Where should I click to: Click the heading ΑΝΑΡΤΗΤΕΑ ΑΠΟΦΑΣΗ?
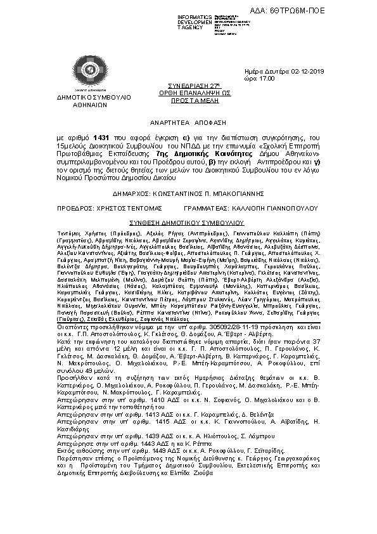(x=188, y=125)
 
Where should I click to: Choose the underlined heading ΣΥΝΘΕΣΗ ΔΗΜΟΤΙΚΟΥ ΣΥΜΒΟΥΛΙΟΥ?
(x=187, y=223)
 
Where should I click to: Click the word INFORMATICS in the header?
(x=194, y=15)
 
